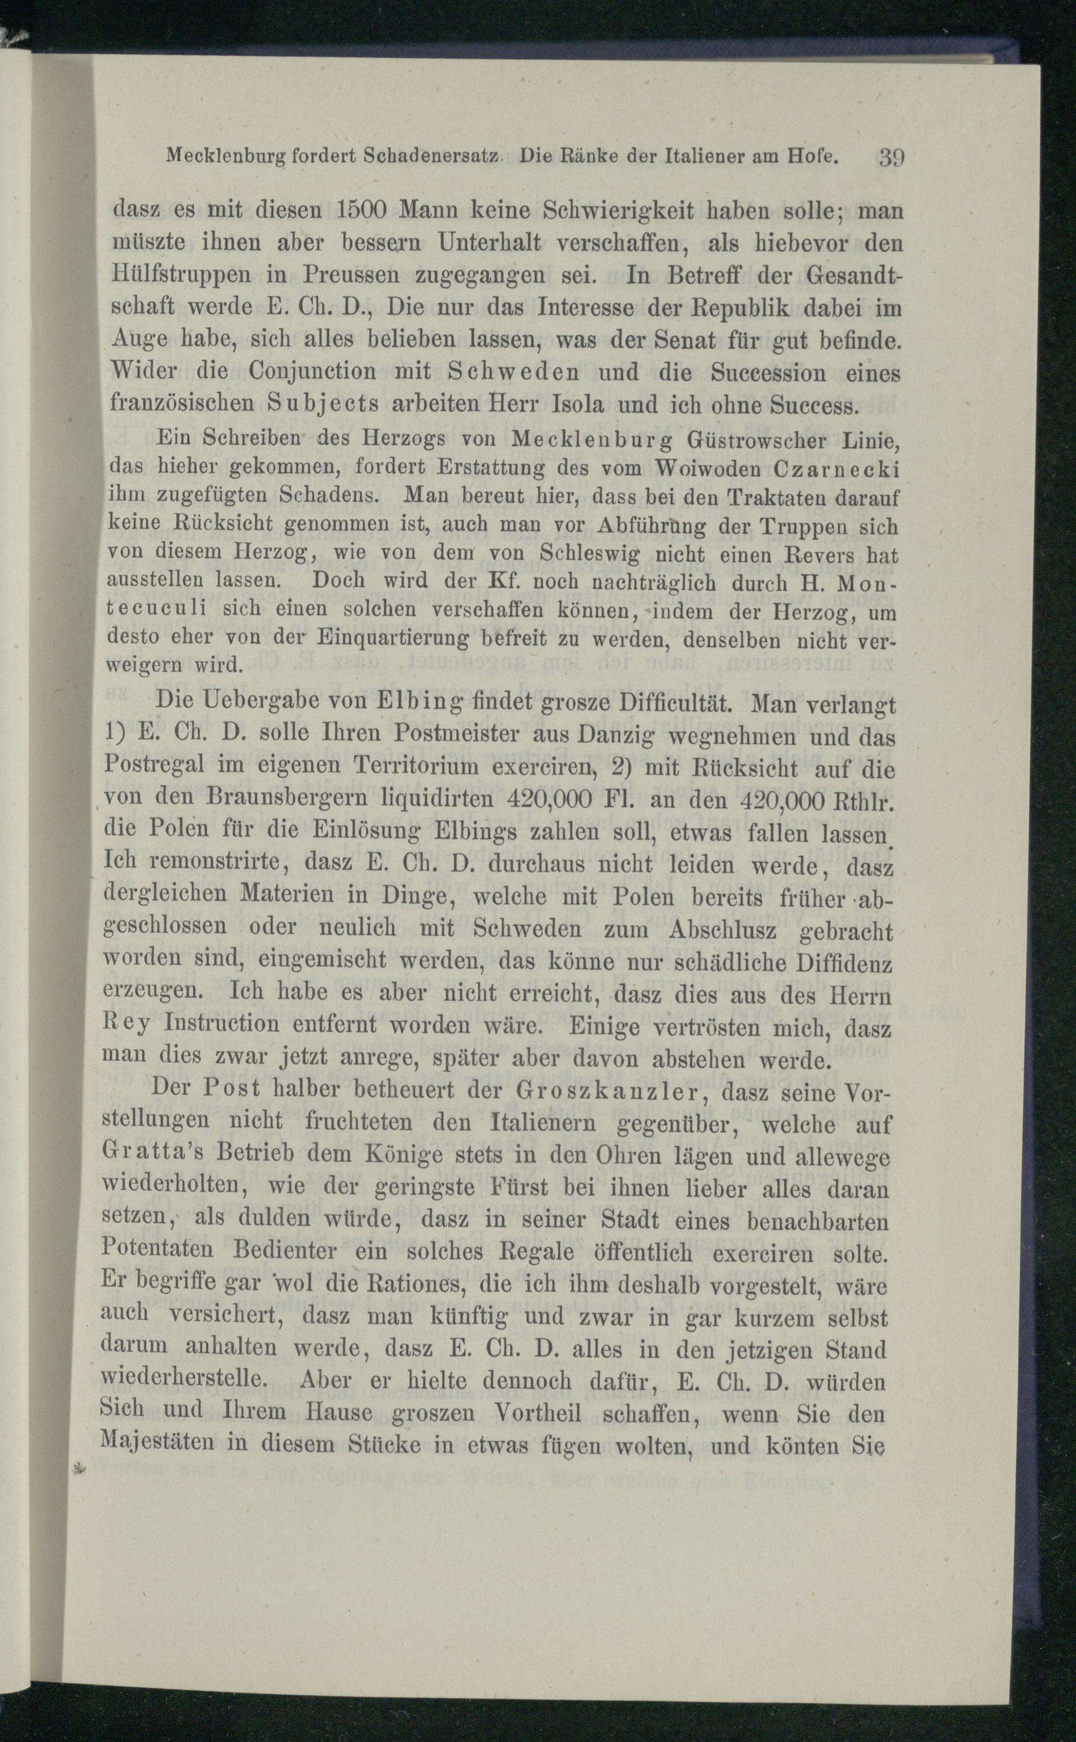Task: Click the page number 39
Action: [x=891, y=156]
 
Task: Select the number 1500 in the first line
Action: [x=366, y=211]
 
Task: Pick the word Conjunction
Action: [x=313, y=373]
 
